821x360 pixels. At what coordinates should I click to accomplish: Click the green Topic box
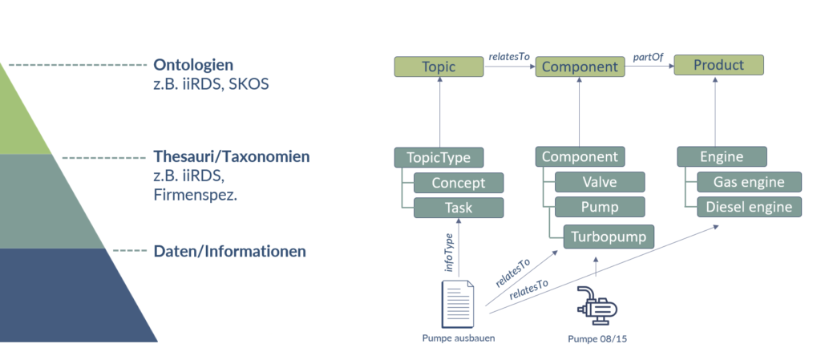point(439,67)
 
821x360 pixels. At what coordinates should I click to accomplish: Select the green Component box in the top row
point(580,67)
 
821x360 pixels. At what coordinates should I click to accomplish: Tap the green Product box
point(718,65)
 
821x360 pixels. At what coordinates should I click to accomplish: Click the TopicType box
point(439,157)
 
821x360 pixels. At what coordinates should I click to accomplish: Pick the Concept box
point(458,183)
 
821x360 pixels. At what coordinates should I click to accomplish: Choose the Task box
point(458,208)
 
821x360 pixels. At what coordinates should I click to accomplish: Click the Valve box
point(599,182)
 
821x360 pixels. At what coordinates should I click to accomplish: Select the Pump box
point(599,207)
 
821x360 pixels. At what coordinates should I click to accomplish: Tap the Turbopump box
point(609,236)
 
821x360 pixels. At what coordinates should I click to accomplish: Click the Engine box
point(722,156)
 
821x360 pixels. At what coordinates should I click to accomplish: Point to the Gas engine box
point(749,181)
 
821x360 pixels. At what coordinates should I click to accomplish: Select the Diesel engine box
point(749,207)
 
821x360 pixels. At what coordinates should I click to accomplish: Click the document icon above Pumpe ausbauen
point(458,302)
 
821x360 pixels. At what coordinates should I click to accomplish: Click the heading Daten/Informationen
point(229,251)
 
